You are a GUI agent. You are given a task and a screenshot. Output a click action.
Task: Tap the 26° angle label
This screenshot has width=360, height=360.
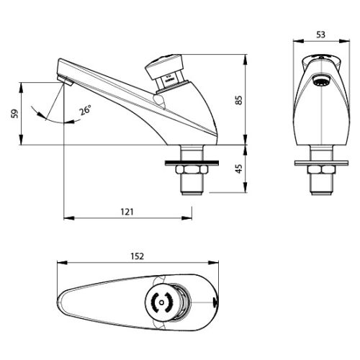pos(86,110)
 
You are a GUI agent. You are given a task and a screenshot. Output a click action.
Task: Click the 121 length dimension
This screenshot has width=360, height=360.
pos(128,212)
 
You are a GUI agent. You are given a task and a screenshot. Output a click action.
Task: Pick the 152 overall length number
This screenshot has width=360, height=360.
pos(138,256)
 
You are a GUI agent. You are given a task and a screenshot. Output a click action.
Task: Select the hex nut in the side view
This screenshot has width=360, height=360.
pos(191,171)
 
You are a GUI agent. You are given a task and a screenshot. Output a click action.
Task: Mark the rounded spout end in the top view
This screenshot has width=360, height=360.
pos(65,302)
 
